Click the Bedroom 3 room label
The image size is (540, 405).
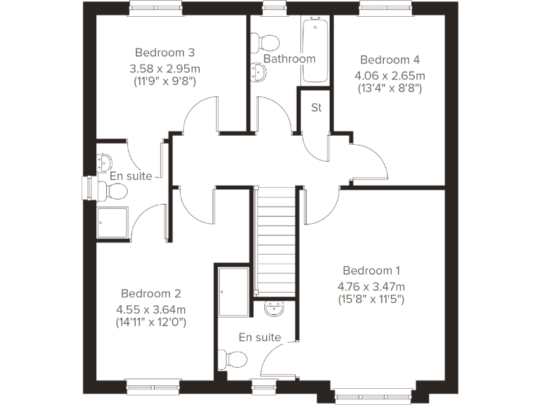pos(165,53)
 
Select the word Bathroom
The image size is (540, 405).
pos(289,58)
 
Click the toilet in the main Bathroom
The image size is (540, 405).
pos(266,39)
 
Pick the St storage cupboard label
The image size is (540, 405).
pos(316,108)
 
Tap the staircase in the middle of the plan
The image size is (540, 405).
pos(276,239)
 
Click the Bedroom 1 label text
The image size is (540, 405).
pos(371,271)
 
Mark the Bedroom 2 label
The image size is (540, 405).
pos(151,293)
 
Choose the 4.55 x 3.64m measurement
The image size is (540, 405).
pos(151,309)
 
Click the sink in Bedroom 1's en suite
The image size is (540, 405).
pos(275,308)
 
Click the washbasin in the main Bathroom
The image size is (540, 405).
pos(259,72)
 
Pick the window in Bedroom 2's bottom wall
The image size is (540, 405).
pos(150,385)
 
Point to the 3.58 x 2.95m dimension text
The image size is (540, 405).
pos(165,68)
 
